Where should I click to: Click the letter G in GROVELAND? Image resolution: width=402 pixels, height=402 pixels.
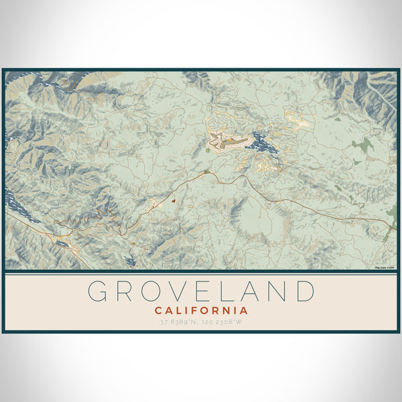click(99, 291)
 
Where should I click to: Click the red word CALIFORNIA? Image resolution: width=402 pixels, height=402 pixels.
click(201, 311)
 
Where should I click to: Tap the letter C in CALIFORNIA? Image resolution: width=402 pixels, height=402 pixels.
click(158, 311)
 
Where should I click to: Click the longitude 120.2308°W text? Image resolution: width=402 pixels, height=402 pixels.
click(225, 323)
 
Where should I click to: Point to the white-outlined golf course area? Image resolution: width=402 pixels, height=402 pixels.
click(219, 140)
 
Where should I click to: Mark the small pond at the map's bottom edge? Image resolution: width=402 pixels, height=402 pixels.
click(130, 261)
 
